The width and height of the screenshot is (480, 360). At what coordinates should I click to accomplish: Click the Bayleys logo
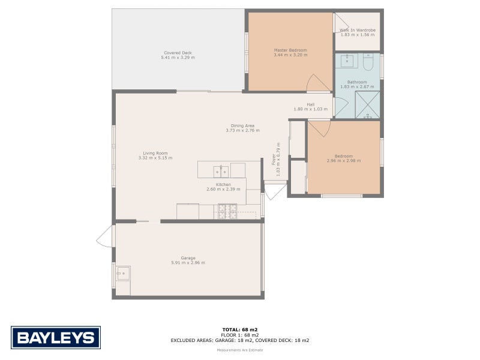(x=56, y=338)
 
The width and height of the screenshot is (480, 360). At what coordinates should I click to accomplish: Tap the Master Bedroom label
(x=290, y=50)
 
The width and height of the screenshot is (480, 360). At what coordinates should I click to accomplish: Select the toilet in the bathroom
(x=368, y=62)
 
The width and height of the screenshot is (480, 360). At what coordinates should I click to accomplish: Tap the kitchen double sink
(x=220, y=169)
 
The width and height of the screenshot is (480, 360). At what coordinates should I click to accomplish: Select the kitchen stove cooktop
(x=227, y=211)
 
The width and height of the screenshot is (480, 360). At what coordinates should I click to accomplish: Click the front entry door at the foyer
(x=274, y=191)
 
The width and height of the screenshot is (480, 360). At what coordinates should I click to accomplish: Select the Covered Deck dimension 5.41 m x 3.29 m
(x=178, y=58)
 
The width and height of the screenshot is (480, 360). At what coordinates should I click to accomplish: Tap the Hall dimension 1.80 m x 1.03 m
(x=311, y=109)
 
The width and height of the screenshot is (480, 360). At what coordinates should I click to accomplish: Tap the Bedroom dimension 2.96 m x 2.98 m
(x=344, y=161)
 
